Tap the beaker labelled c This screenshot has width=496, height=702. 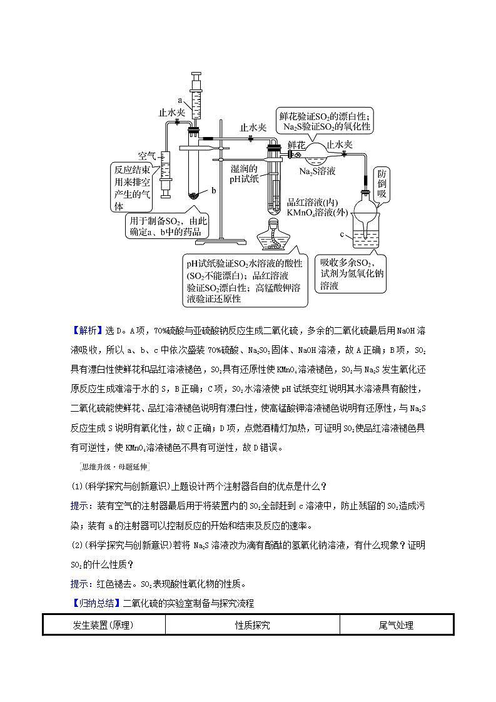point(368,231)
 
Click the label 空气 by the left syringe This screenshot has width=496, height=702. point(147,155)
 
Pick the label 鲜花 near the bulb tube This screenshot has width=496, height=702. point(295,145)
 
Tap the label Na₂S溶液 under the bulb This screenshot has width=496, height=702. point(317,171)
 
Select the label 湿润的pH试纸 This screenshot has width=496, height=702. point(243,173)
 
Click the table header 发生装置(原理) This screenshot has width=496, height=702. point(104,624)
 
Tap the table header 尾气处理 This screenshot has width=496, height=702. point(396,624)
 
